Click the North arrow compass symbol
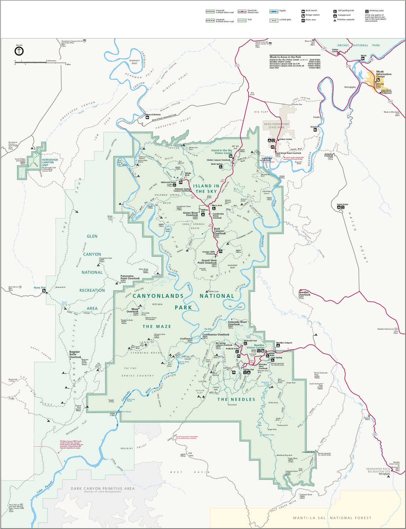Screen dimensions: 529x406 pyautogui.click(x=19, y=51)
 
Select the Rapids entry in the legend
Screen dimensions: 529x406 pyautogui.click(x=278, y=11)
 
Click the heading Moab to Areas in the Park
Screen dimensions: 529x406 pyautogui.click(x=285, y=57)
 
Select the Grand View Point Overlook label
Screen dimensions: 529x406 pyautogui.click(x=209, y=261)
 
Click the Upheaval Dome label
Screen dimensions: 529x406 pyautogui.click(x=168, y=182)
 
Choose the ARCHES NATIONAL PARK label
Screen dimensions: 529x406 pyautogui.click(x=358, y=45)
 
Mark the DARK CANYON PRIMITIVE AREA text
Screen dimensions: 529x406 pyautogui.click(x=103, y=488)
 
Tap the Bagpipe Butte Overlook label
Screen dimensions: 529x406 pyautogui.click(x=75, y=355)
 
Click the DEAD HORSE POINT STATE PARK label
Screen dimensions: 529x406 pyautogui.click(x=277, y=125)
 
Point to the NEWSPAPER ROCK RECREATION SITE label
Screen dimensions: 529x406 pyautogui.click(x=378, y=470)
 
